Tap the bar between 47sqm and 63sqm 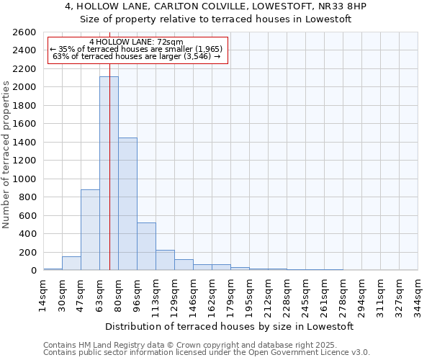click(90, 230)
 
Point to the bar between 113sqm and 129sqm click(165, 260)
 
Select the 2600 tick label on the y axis click(25, 32)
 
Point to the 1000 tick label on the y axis click(25, 179)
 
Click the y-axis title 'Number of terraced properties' click(6, 155)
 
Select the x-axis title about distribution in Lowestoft click(230, 326)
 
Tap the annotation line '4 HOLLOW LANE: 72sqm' click(137, 42)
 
